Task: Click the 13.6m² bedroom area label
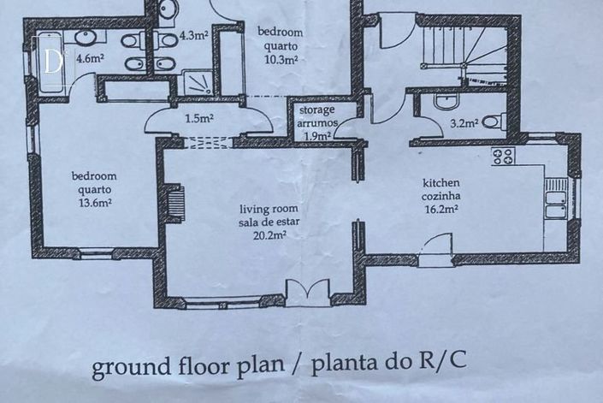pyautogui.click(x=96, y=203)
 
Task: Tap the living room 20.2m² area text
pyautogui.click(x=269, y=235)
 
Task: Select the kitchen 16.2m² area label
pyautogui.click(x=441, y=210)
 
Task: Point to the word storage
pyautogui.click(x=316, y=110)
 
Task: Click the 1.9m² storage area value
pyautogui.click(x=318, y=136)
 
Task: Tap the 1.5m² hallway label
pyautogui.click(x=199, y=118)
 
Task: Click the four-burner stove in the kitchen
pyautogui.click(x=504, y=157)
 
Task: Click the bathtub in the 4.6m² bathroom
pyautogui.click(x=50, y=63)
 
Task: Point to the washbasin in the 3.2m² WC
pyautogui.click(x=446, y=102)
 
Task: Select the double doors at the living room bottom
pyautogui.click(x=308, y=293)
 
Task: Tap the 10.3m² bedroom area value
pyautogui.click(x=281, y=60)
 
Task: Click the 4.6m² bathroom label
pyautogui.click(x=91, y=59)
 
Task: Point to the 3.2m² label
pyautogui.click(x=464, y=123)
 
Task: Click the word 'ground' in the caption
pyautogui.click(x=131, y=366)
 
